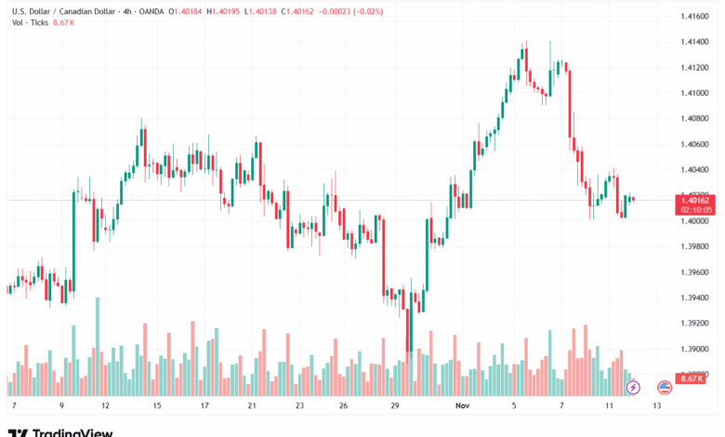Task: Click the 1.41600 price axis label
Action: (x=695, y=17)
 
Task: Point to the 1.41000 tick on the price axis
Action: (x=695, y=93)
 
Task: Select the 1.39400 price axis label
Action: (x=695, y=298)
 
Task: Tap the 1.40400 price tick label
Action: (x=695, y=169)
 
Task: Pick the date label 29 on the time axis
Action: (x=395, y=405)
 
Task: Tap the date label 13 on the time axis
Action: (x=657, y=405)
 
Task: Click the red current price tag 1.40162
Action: (x=696, y=200)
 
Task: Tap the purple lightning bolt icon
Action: (x=634, y=386)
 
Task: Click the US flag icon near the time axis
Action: (x=665, y=386)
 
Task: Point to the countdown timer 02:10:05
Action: (x=696, y=210)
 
